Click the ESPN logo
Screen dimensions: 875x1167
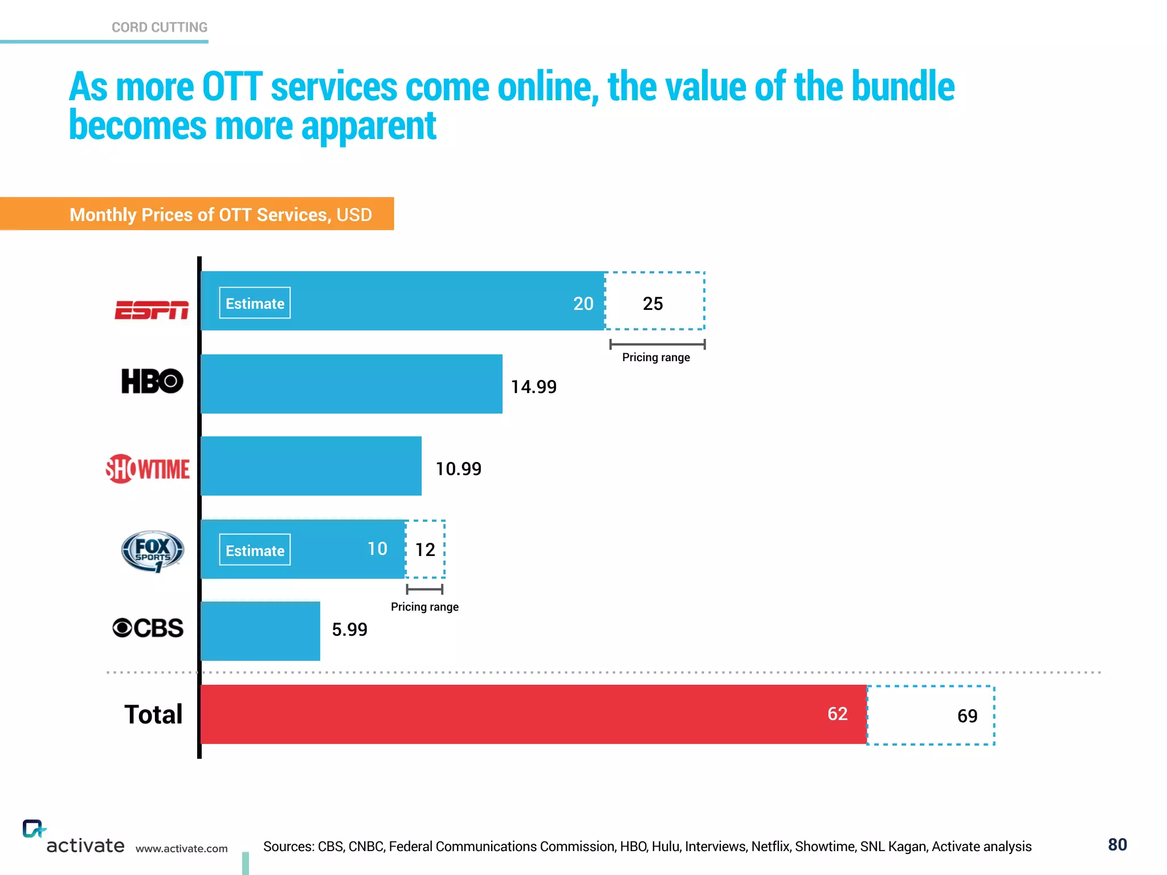click(x=152, y=310)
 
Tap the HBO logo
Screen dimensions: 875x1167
click(x=152, y=381)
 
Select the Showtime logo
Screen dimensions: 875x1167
click(x=148, y=469)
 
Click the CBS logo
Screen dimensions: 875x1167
click(x=148, y=628)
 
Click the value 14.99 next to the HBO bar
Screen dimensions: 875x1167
click(x=533, y=387)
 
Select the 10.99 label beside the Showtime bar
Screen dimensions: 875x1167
click(x=458, y=469)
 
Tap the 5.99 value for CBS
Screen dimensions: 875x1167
click(x=349, y=629)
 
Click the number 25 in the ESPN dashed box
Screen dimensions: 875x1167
click(x=652, y=304)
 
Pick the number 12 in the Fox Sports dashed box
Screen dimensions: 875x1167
click(x=425, y=550)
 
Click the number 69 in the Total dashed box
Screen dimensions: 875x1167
click(x=967, y=716)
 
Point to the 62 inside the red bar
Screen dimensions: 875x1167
click(x=837, y=714)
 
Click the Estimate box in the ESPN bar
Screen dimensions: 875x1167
click(x=255, y=303)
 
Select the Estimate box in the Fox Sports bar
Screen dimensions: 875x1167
click(x=255, y=550)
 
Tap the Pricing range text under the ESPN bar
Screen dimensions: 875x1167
click(x=656, y=357)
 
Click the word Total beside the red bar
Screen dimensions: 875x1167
click(x=153, y=714)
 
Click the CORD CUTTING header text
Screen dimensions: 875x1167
click(x=160, y=27)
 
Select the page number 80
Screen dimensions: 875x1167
click(x=1117, y=845)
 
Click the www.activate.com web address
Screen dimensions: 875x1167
click(x=181, y=849)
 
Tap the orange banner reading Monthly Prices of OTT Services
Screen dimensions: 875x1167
click(x=220, y=214)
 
